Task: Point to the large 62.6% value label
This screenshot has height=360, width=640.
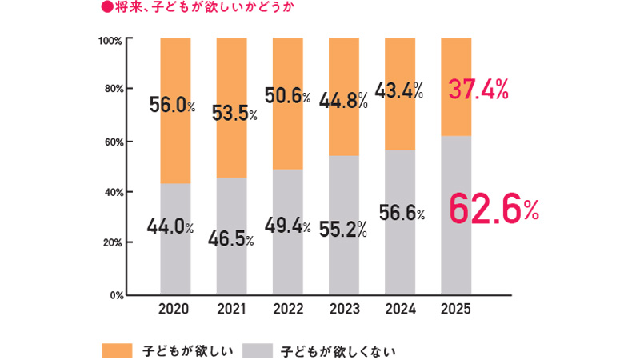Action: pyautogui.click(x=492, y=210)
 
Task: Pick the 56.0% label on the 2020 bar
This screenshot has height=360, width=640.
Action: pyautogui.click(x=171, y=106)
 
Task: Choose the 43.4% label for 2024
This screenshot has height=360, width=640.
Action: pyautogui.click(x=399, y=91)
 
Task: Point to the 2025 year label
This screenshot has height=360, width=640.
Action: pyautogui.click(x=456, y=308)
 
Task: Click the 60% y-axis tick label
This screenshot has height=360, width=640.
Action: pyautogui.click(x=112, y=142)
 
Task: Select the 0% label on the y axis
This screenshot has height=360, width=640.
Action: pyautogui.click(x=114, y=294)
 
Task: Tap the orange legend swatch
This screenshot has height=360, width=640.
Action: pyautogui.click(x=116, y=350)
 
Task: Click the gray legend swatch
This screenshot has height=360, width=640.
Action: pyautogui.click(x=256, y=350)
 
